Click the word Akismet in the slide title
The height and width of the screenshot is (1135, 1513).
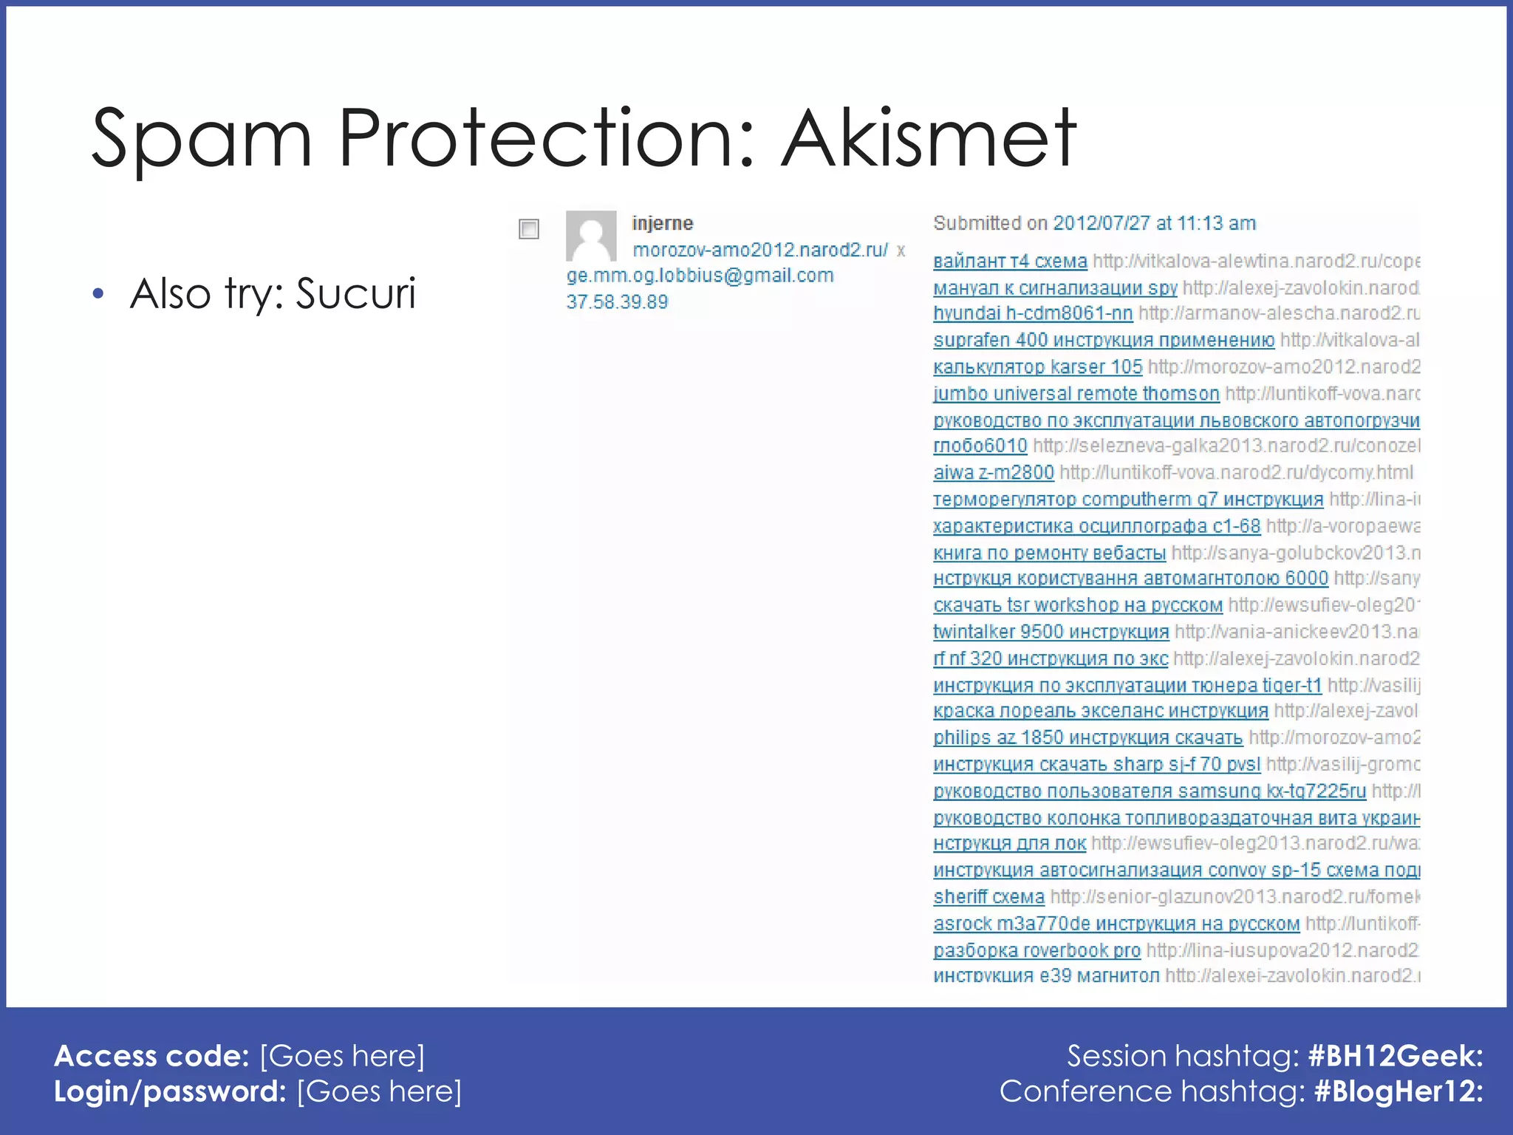(x=929, y=139)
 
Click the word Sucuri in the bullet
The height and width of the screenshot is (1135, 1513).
(x=355, y=293)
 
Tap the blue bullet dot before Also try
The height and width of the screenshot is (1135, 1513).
(x=98, y=294)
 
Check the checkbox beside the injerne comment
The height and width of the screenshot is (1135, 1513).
(x=529, y=229)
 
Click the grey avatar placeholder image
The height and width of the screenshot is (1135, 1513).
(x=591, y=236)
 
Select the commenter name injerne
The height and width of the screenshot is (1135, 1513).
(x=662, y=223)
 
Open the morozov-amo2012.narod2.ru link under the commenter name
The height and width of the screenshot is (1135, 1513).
(x=760, y=250)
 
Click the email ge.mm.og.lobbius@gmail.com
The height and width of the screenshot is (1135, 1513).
(x=700, y=276)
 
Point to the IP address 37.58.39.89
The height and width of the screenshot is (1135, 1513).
(x=617, y=302)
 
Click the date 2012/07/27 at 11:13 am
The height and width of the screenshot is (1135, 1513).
(x=1154, y=223)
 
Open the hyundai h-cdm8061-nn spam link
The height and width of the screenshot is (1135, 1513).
(x=1032, y=313)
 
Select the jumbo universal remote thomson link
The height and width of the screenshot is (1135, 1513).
(x=1076, y=393)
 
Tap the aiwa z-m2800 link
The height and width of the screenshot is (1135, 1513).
(x=993, y=472)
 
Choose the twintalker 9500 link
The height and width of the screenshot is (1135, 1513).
(x=1051, y=632)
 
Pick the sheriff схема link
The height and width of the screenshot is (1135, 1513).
(x=988, y=897)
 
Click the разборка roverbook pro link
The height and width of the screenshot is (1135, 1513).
(x=1036, y=950)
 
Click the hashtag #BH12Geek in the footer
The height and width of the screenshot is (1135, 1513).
(x=1395, y=1056)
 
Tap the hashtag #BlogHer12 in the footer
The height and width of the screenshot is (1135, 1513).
(x=1398, y=1091)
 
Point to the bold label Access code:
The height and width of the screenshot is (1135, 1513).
(x=151, y=1056)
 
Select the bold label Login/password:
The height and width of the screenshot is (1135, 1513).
(x=170, y=1091)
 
